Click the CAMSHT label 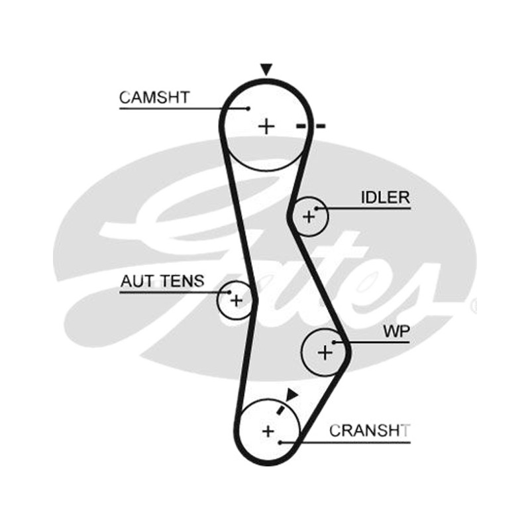154,97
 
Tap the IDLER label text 386,197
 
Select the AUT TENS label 162,281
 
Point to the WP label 396,332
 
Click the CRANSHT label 370,431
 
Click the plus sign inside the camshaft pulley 266,127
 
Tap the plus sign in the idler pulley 309,217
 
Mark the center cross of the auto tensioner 237,300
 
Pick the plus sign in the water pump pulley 325,353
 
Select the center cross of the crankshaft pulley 268,431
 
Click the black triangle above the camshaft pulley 266,70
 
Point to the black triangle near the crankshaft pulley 291,394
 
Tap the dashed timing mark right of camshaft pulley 311,127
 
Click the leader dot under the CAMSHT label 248,109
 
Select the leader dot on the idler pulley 317,209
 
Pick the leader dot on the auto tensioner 229,292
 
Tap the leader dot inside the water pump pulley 334,343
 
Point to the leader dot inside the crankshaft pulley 280,443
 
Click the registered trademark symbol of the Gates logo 474,306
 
